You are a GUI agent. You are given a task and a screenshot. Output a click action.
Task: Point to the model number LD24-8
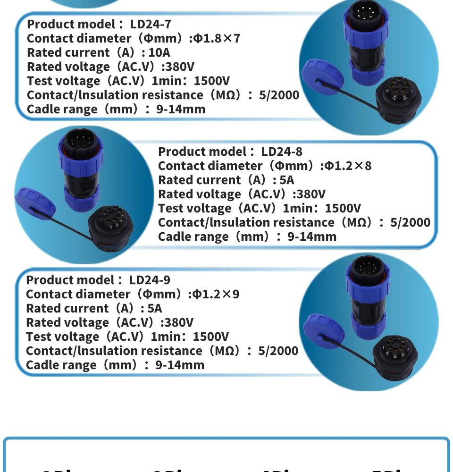click(282, 152)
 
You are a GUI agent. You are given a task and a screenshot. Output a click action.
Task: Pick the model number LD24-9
click(150, 280)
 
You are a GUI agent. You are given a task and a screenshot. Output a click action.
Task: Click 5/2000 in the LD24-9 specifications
click(278, 351)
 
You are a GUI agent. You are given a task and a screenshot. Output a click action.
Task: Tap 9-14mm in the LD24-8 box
click(312, 236)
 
